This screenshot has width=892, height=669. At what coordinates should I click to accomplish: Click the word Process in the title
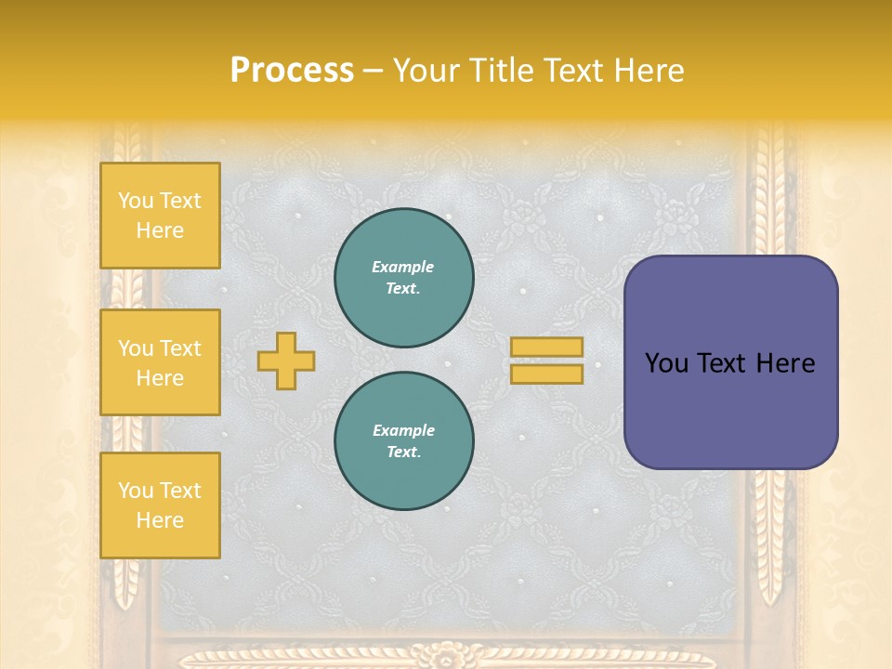pyautogui.click(x=292, y=71)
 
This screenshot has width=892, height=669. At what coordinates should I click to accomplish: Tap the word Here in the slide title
pyautogui.click(x=648, y=71)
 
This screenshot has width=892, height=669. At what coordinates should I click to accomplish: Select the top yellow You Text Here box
pyautogui.click(x=160, y=216)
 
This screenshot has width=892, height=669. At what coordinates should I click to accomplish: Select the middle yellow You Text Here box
pyautogui.click(x=160, y=362)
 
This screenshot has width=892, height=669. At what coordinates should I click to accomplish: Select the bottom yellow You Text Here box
pyautogui.click(x=160, y=505)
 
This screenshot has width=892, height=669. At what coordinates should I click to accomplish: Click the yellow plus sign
pyautogui.click(x=286, y=361)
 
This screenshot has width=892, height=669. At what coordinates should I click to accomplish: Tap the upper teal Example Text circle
pyautogui.click(x=403, y=278)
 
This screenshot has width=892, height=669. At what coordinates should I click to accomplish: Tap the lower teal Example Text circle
pyautogui.click(x=403, y=441)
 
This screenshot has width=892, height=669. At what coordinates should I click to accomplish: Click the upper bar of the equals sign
pyautogui.click(x=546, y=348)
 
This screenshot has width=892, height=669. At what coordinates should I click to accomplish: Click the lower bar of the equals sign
pyautogui.click(x=546, y=374)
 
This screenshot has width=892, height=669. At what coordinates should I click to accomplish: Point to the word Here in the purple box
pyautogui.click(x=785, y=363)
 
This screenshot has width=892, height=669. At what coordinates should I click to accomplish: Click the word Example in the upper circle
pyautogui.click(x=403, y=267)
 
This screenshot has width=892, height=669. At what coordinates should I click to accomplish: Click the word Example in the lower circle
pyautogui.click(x=403, y=430)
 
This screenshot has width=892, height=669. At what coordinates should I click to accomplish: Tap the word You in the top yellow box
pyautogui.click(x=136, y=201)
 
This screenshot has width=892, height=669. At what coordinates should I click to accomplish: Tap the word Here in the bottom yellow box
pyautogui.click(x=160, y=520)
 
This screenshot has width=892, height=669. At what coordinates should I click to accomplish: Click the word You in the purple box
pyautogui.click(x=666, y=363)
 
